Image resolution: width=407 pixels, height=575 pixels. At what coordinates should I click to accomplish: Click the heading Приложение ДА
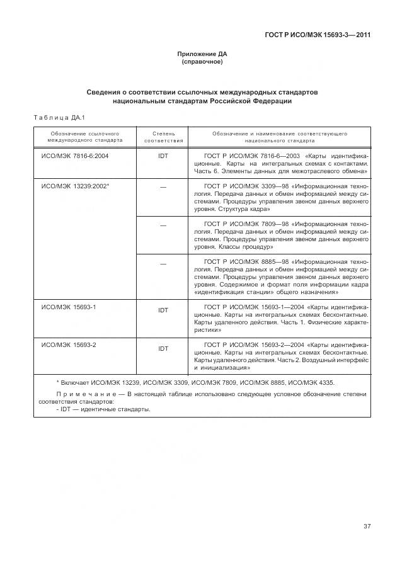click(x=202, y=55)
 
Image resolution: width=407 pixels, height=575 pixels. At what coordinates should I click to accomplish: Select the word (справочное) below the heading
click(x=202, y=62)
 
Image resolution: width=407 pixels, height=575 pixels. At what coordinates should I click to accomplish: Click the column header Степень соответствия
click(x=163, y=137)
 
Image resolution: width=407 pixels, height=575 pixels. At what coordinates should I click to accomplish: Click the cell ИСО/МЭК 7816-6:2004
click(x=75, y=155)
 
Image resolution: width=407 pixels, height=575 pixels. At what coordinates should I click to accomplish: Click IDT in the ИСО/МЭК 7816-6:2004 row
click(x=163, y=156)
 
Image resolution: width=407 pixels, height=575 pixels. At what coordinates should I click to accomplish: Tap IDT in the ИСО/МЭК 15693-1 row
click(x=163, y=310)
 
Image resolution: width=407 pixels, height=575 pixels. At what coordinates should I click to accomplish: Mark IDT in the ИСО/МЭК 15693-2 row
click(x=163, y=348)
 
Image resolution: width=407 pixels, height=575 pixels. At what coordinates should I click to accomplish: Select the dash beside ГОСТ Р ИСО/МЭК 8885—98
click(x=163, y=263)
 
